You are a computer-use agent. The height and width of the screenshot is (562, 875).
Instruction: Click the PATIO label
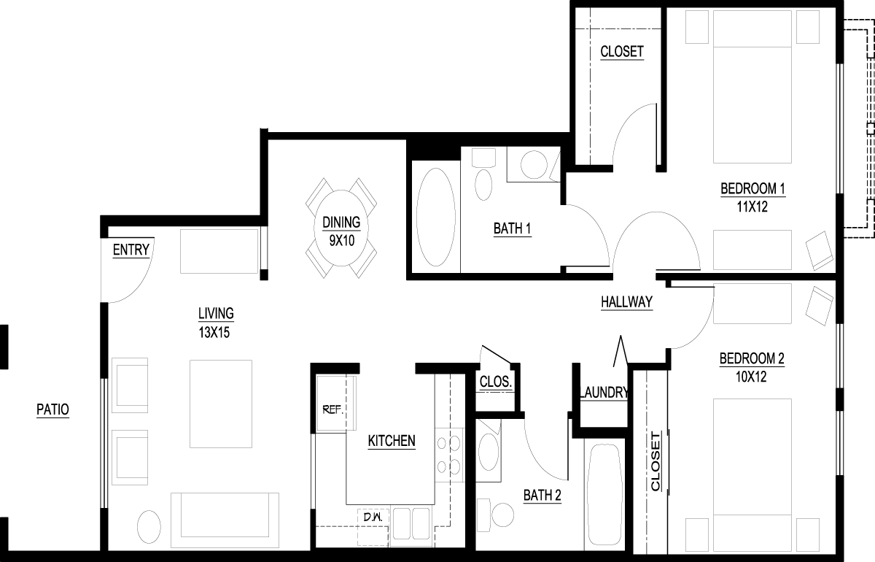52,409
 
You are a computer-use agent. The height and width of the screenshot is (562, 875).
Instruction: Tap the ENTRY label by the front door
131,250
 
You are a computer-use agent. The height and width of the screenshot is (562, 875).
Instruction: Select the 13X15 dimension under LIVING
214,332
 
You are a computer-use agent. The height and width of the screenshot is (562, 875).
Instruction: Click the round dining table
341,228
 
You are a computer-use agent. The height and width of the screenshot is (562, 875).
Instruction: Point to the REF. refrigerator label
332,410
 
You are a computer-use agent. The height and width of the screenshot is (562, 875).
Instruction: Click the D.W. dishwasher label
373,517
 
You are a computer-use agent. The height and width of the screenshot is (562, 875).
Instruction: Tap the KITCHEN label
392,441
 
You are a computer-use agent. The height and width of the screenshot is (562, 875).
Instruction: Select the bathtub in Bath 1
436,217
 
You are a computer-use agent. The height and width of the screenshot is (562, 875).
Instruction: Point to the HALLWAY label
626,302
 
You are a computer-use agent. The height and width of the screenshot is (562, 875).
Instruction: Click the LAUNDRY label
604,392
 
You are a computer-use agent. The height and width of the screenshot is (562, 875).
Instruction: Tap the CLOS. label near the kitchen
496,381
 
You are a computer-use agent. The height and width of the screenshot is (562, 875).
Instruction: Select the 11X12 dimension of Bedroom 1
752,207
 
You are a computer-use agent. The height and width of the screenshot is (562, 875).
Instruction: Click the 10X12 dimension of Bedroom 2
751,377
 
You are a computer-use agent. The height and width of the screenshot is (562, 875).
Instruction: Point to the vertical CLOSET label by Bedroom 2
656,461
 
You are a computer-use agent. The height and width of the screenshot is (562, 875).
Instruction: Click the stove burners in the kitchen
448,455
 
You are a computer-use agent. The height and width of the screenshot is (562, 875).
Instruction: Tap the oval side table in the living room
149,527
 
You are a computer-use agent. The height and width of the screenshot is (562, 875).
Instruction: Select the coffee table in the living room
221,404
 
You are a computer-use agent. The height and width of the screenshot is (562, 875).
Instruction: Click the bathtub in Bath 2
604,494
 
